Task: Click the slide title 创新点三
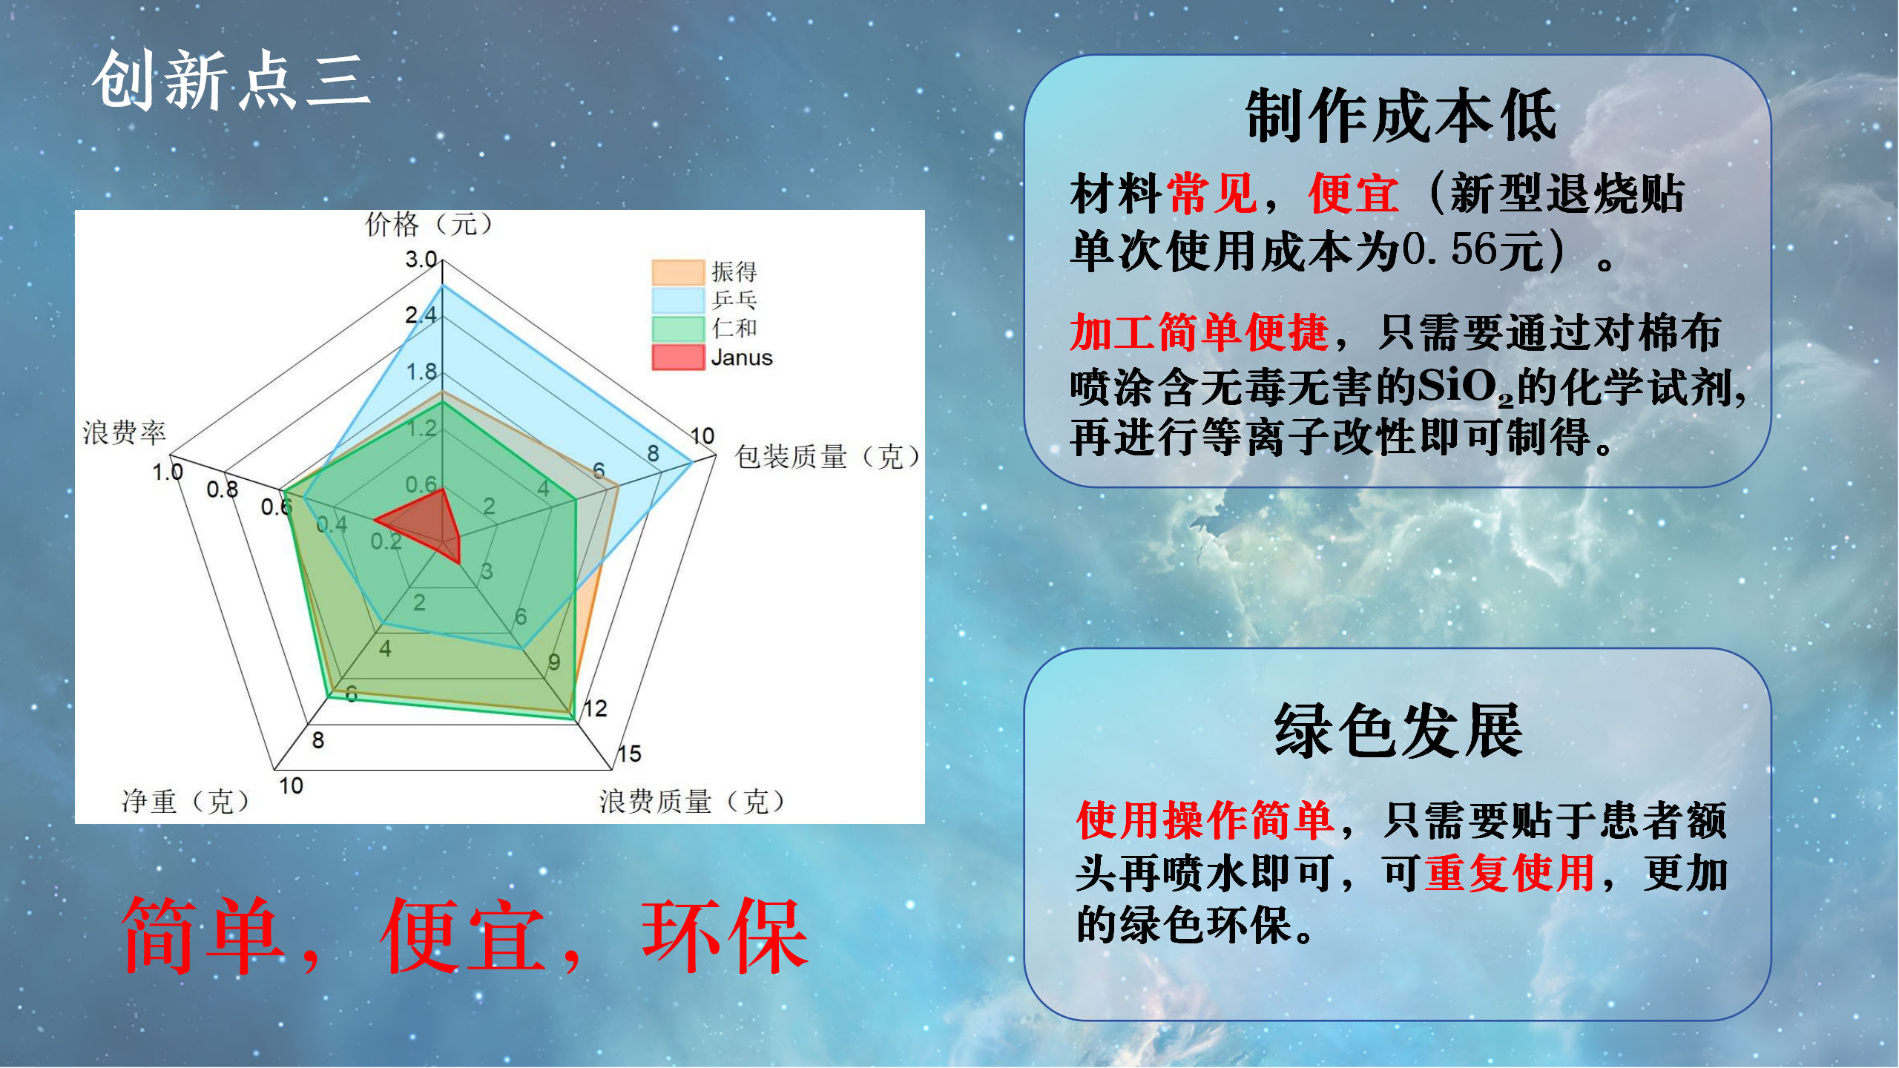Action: tap(231, 81)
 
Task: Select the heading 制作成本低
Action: tap(1401, 116)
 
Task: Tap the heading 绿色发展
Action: tap(1398, 731)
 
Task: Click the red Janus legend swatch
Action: tap(678, 357)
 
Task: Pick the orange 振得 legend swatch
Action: tap(678, 272)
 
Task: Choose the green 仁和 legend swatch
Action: tap(678, 329)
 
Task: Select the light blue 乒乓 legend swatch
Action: tap(678, 300)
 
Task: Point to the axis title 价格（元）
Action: tap(430, 224)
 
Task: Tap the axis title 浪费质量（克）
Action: tap(692, 801)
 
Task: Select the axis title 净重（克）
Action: tap(186, 801)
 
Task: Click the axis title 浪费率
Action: tap(124, 432)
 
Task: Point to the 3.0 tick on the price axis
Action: tap(421, 260)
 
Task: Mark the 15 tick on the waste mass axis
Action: tap(629, 754)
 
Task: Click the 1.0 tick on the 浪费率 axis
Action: tap(167, 472)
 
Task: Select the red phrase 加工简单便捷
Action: tap(1199, 332)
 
